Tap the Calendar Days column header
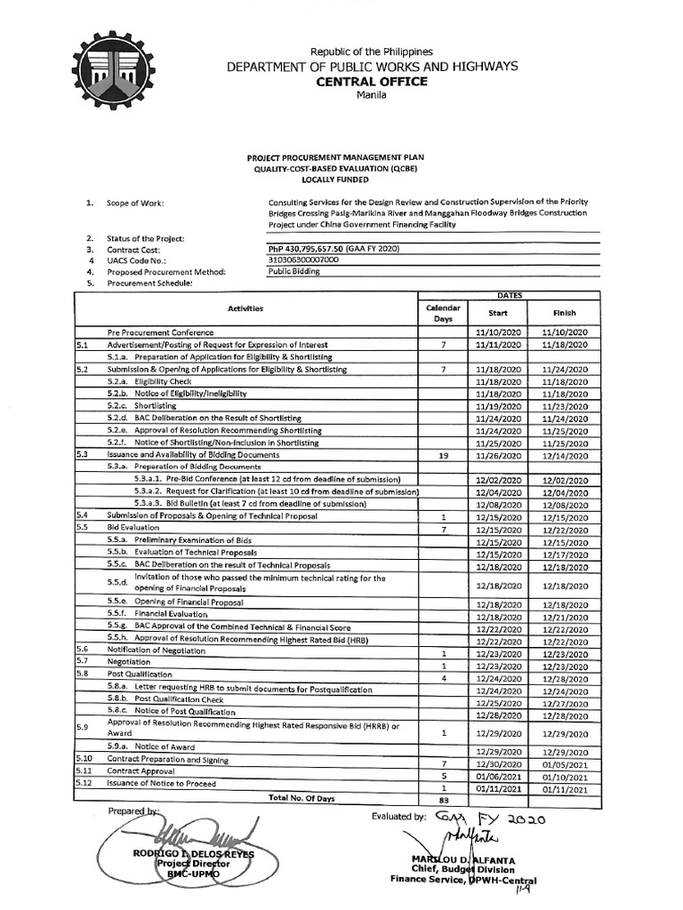pos(442,312)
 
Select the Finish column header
pos(565,313)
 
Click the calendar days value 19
pos(442,455)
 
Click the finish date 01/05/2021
pos(565,763)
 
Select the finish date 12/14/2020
pos(565,455)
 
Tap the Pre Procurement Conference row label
pos(157,331)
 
